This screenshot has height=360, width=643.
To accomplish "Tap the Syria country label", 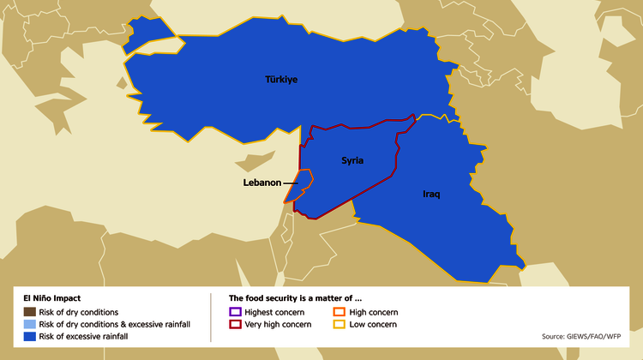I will (x=352, y=160).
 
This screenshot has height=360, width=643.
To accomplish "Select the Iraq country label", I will (x=431, y=194).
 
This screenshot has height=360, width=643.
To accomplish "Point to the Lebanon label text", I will (x=262, y=183).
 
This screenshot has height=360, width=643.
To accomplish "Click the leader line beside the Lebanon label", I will (x=290, y=183).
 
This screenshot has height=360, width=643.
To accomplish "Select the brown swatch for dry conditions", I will (x=29, y=312).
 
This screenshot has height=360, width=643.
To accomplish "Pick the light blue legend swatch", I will (x=29, y=325).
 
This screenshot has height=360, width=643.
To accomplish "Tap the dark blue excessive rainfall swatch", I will (x=29, y=338).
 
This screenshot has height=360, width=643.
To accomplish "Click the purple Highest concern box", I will (x=236, y=312).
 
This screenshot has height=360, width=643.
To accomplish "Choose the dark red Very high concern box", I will (x=236, y=325).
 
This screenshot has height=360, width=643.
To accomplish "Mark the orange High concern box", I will (x=340, y=312).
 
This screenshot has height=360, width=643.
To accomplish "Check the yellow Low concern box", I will (x=340, y=325).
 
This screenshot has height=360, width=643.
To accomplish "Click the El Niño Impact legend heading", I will (x=52, y=297).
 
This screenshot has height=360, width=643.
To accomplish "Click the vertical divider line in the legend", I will (x=211, y=317).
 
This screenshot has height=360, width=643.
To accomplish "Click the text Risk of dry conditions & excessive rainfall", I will (x=115, y=325).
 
